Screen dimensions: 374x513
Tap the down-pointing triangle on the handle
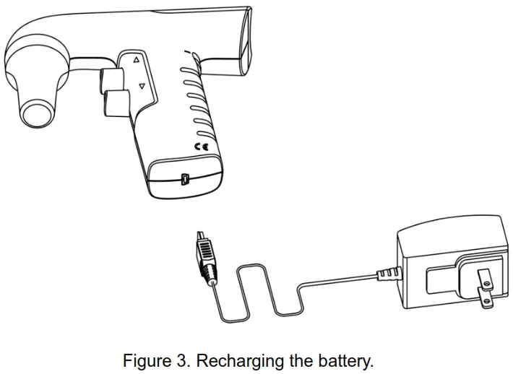pos(142,86)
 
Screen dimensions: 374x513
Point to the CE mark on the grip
pos(200,147)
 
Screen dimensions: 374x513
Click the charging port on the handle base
pos(184,178)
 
